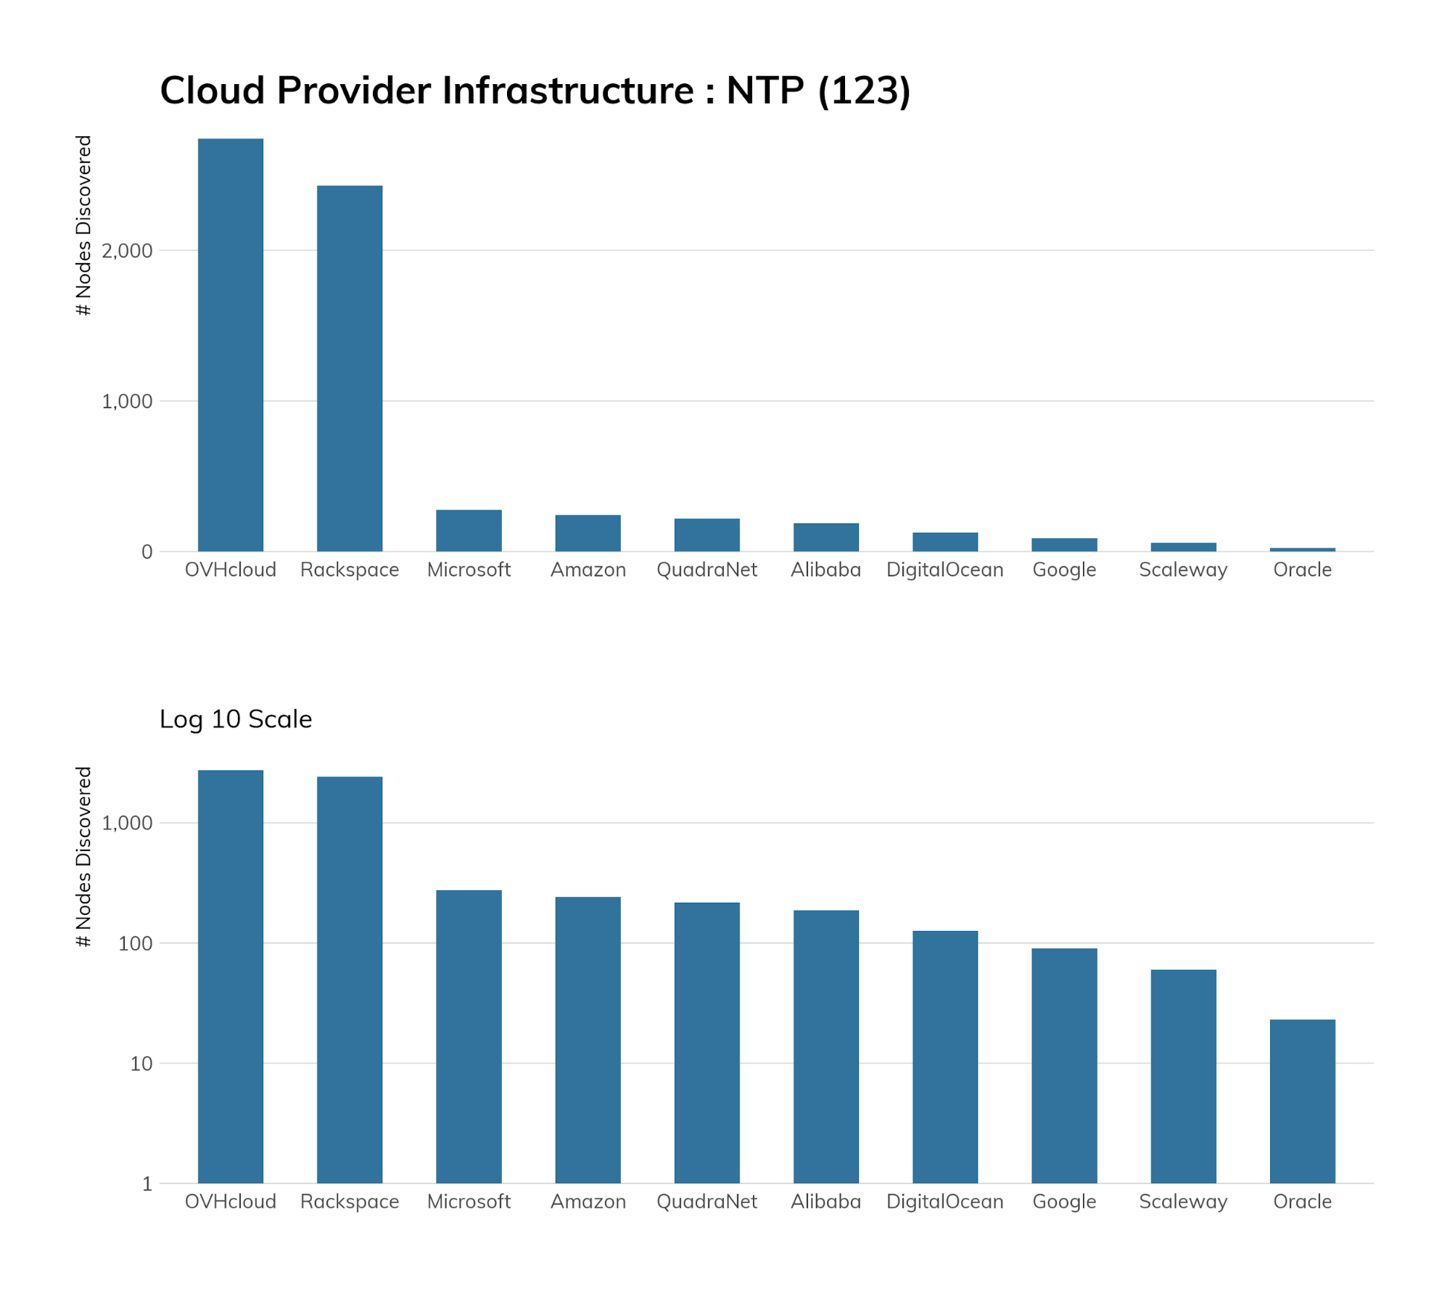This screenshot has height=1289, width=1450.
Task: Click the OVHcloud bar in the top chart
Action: pyautogui.click(x=231, y=344)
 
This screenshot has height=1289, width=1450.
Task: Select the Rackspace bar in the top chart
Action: pyautogui.click(x=350, y=368)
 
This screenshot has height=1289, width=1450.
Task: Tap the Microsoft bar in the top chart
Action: pyautogui.click(x=469, y=531)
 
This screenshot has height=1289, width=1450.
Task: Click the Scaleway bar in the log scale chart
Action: pyautogui.click(x=1183, y=1076)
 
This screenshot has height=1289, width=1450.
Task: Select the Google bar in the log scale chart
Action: pyautogui.click(x=1064, y=1065)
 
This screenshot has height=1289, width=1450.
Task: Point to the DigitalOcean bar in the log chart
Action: pyautogui.click(x=945, y=1056)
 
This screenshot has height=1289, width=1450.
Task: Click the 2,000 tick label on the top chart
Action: pyautogui.click(x=127, y=251)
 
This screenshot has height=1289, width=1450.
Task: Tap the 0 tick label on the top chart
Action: pyautogui.click(x=147, y=552)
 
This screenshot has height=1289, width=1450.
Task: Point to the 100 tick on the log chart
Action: pyautogui.click(x=136, y=943)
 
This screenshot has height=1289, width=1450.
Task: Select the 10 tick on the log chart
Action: pyautogui.click(x=141, y=1064)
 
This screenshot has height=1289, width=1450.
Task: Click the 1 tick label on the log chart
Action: pyautogui.click(x=147, y=1184)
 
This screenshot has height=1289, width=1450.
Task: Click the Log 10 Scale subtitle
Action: pyautogui.click(x=236, y=719)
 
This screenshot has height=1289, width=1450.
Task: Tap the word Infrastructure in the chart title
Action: pyautogui.click(x=568, y=91)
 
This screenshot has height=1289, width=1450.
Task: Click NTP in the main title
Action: pyautogui.click(x=765, y=91)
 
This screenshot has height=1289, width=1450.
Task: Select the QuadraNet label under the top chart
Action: pyautogui.click(x=707, y=570)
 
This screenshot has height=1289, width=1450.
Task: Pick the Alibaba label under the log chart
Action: pyautogui.click(x=825, y=1201)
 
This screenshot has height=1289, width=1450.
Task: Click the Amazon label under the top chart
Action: pyautogui.click(x=588, y=570)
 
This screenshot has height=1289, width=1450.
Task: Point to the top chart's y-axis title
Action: pyautogui.click(x=84, y=225)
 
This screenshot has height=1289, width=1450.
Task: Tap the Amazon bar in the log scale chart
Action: pyautogui.click(x=588, y=1040)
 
